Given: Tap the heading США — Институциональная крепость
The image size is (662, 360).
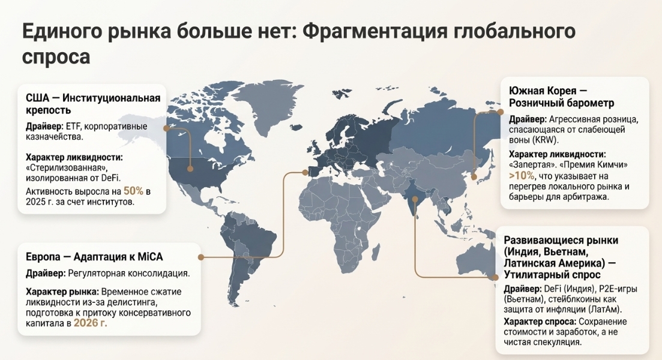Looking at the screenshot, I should coord(93,104).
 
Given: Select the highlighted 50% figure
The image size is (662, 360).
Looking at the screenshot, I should coord(134,191).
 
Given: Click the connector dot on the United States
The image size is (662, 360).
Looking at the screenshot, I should coord(190,169).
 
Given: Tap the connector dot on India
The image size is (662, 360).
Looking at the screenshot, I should coord(415,199).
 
